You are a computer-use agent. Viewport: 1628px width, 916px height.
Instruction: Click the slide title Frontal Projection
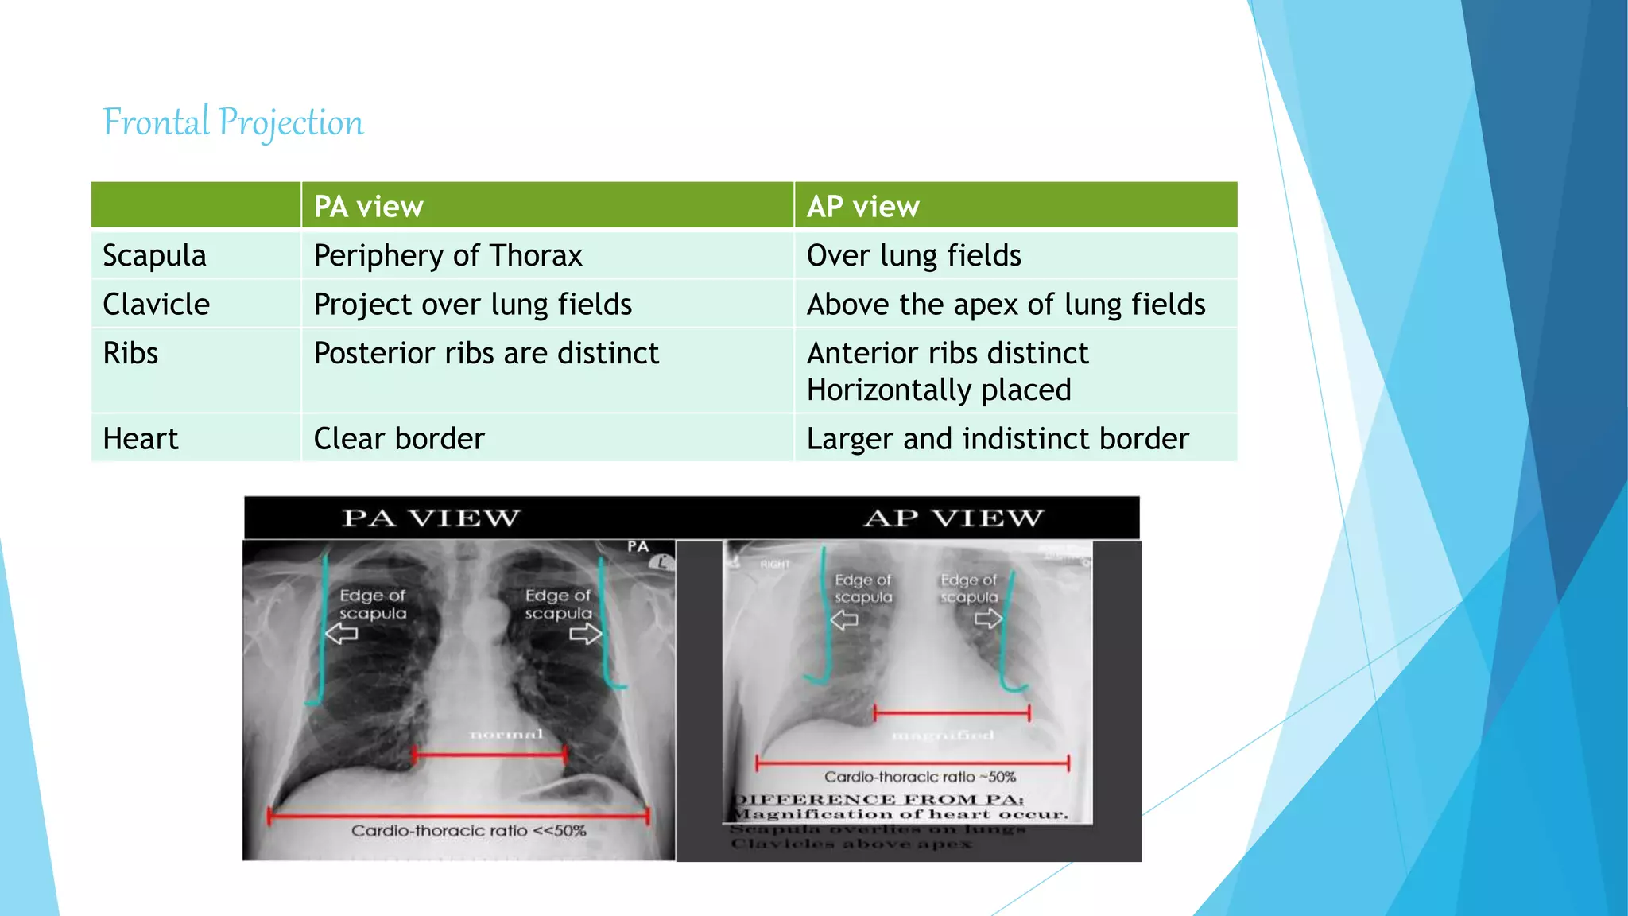(x=233, y=122)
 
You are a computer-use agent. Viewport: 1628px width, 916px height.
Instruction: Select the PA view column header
(x=368, y=207)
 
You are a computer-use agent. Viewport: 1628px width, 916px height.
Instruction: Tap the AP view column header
(x=862, y=207)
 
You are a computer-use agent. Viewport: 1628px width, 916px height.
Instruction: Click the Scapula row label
(x=154, y=255)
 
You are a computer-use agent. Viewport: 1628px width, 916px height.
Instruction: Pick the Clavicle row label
(x=157, y=305)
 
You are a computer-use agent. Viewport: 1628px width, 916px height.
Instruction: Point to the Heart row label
(x=141, y=439)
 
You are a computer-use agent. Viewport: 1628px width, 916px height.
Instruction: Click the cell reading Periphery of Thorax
(x=448, y=255)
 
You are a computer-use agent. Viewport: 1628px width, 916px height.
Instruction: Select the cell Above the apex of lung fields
(x=1006, y=305)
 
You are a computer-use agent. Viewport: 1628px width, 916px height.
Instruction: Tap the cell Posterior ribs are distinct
(x=486, y=353)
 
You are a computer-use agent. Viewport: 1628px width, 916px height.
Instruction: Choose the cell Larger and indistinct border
(x=998, y=439)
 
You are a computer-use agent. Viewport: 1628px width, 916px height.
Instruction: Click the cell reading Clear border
(x=399, y=439)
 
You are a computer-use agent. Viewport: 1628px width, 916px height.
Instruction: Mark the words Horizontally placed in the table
(x=939, y=390)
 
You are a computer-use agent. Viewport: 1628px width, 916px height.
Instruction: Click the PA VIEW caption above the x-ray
(x=431, y=518)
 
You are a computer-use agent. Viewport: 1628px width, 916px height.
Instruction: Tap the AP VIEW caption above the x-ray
(x=953, y=518)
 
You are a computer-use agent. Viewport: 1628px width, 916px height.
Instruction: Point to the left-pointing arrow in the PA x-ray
(x=343, y=634)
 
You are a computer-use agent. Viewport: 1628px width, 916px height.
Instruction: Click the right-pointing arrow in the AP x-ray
(x=989, y=619)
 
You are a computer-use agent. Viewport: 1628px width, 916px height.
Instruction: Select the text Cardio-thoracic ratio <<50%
(x=469, y=831)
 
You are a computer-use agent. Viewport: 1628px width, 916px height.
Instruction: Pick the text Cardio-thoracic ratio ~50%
(x=920, y=777)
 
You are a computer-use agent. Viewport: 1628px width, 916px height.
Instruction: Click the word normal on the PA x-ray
(x=506, y=734)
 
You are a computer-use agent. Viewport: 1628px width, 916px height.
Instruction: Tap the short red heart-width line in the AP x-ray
(x=952, y=712)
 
